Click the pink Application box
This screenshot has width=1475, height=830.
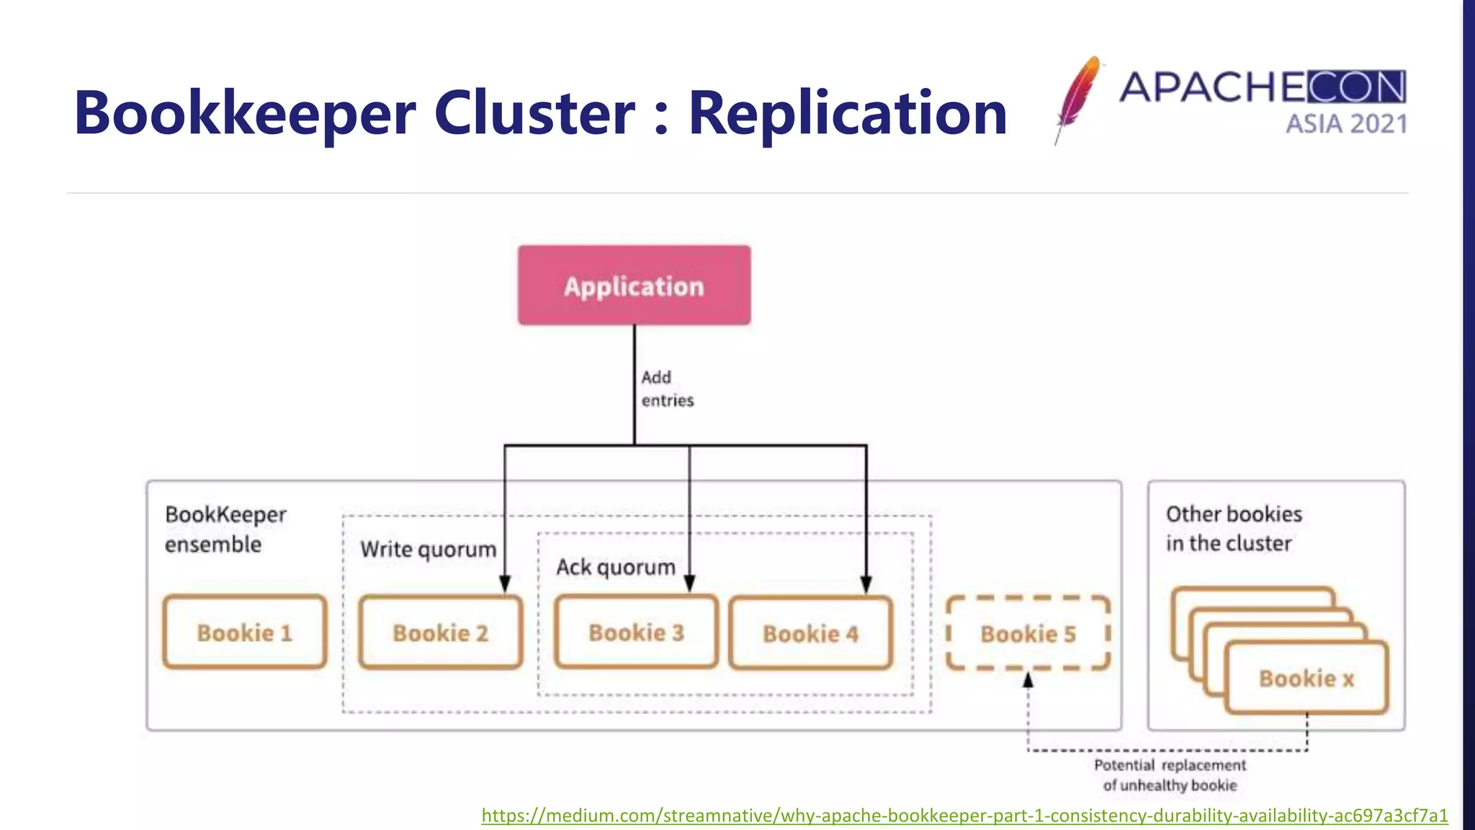(634, 285)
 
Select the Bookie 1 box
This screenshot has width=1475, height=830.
(244, 633)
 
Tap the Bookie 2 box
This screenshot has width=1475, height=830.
(440, 633)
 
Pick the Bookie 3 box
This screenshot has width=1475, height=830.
(636, 632)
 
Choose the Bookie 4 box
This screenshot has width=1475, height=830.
(810, 633)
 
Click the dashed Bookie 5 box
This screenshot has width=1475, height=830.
(1028, 633)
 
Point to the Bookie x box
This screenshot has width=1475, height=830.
(1306, 678)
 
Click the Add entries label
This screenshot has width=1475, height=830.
(667, 389)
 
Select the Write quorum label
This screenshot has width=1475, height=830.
(428, 549)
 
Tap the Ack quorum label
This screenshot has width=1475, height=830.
(616, 567)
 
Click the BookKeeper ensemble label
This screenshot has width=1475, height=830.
(225, 529)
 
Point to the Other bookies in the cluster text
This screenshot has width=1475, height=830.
(1233, 528)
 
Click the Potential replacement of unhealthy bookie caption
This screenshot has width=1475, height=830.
(1170, 775)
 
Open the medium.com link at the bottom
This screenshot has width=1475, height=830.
(964, 816)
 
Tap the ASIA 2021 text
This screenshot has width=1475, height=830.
(1346, 124)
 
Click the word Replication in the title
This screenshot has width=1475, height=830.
(848, 113)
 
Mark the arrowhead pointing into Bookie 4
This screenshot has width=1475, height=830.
(866, 584)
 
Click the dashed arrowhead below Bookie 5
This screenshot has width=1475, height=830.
(1028, 679)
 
